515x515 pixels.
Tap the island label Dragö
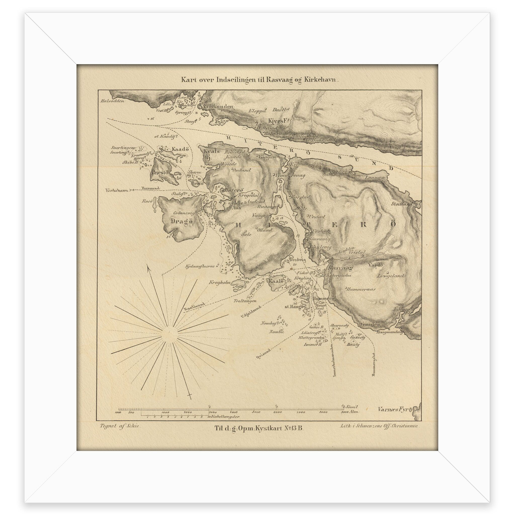181,221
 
